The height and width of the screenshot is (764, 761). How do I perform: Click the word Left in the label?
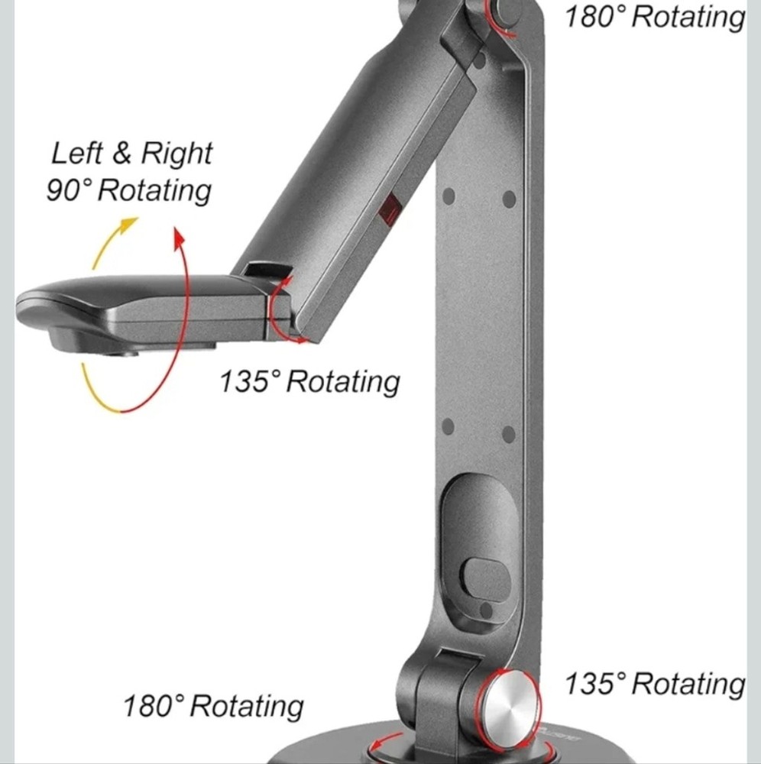tap(76, 154)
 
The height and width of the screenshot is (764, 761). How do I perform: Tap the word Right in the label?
tap(176, 155)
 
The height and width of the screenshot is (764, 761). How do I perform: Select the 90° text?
tap(70, 190)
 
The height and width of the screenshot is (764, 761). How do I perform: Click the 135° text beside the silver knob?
tap(596, 683)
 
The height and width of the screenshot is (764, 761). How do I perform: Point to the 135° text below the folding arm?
tap(251, 380)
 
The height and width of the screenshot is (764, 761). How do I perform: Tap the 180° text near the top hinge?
tap(595, 16)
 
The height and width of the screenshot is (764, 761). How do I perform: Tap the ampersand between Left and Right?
tap(122, 154)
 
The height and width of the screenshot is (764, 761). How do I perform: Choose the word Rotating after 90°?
tap(154, 190)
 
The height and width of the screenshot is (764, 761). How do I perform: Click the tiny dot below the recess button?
tap(484, 608)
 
